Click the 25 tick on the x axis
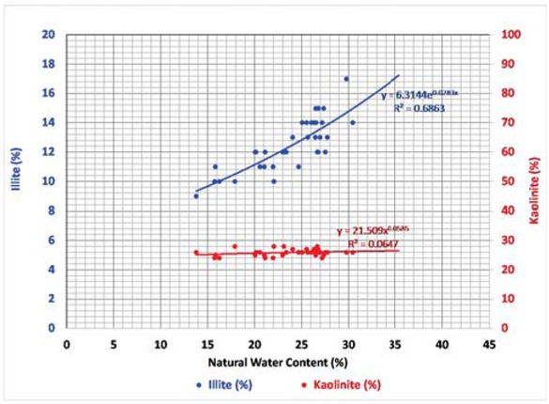301,343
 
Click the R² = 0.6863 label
416,109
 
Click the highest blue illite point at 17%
346,79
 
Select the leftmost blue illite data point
196,195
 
